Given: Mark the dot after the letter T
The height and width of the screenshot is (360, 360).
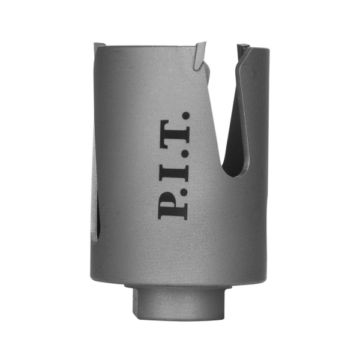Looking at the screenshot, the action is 186,116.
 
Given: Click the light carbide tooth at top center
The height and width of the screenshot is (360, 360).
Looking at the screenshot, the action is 200,55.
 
